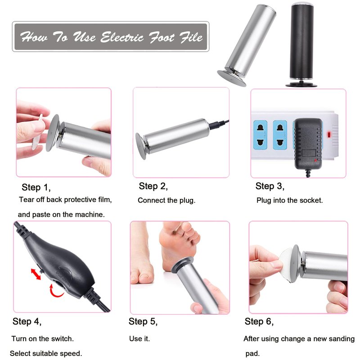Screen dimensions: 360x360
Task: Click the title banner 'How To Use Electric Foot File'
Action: point(111,37)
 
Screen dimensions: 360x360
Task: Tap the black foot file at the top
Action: point(301,45)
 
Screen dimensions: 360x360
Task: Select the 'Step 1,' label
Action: point(36,188)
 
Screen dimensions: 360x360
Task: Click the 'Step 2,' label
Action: point(153,186)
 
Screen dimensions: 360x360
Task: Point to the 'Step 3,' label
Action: point(270,186)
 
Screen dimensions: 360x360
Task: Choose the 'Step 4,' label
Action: point(27,322)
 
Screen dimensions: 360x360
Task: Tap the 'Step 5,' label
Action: point(143,322)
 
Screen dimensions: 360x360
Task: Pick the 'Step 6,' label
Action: point(259,322)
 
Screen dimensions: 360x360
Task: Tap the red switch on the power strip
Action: point(329,135)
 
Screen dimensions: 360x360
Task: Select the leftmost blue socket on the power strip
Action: point(261,135)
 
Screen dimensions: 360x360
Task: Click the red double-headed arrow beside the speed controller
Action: point(36,274)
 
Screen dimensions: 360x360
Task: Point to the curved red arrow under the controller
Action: point(54,292)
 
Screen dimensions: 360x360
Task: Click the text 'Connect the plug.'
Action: point(166,200)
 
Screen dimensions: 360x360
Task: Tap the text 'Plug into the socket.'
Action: point(289,200)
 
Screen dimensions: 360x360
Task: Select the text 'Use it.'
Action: point(139,339)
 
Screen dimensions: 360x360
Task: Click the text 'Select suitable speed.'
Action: point(46,353)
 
